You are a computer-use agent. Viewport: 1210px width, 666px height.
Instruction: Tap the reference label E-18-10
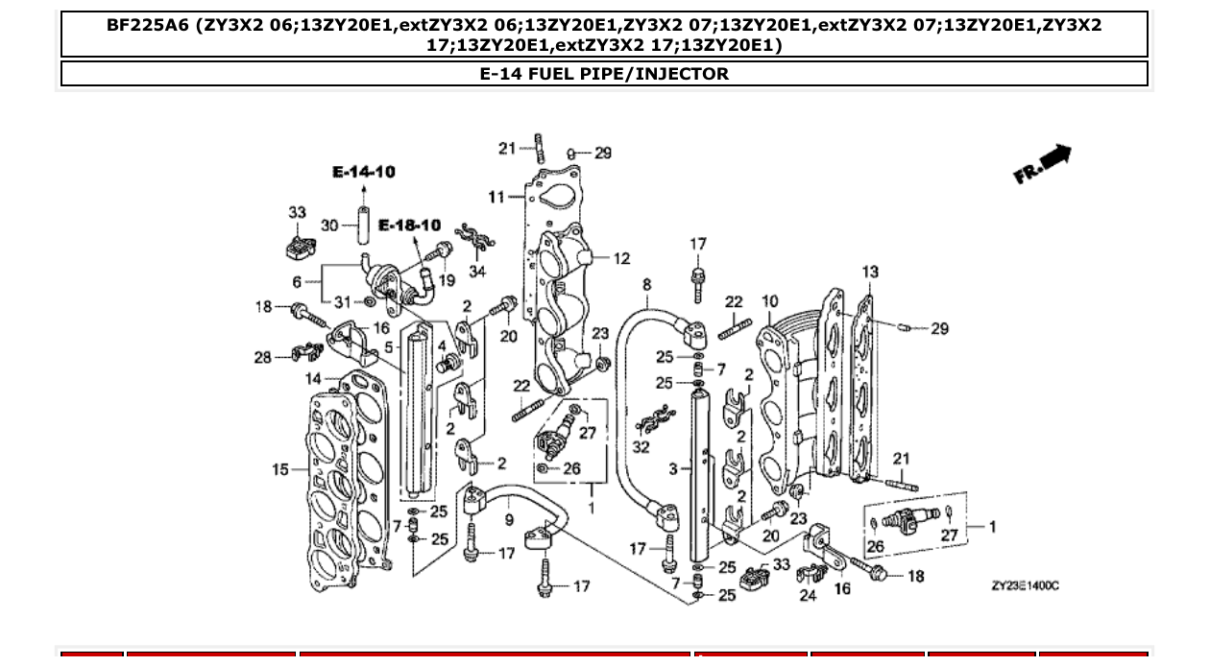click(409, 226)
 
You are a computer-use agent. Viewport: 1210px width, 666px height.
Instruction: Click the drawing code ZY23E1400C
click(1026, 585)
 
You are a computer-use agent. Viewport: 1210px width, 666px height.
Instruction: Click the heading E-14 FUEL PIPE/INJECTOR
click(604, 74)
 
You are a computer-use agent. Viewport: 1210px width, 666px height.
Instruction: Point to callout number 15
click(280, 469)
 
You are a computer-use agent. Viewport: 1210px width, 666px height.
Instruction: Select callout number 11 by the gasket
click(496, 198)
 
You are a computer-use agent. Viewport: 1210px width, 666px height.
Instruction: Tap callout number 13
click(869, 272)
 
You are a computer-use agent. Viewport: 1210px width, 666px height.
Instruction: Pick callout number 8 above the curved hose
click(647, 284)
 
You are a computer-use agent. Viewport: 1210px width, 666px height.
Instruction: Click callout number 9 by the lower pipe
click(509, 520)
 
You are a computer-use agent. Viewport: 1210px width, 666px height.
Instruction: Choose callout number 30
click(329, 225)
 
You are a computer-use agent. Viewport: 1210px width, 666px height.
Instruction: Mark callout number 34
click(477, 272)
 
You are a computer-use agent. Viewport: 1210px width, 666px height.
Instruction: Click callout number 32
click(641, 447)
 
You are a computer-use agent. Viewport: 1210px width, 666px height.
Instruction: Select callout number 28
click(262, 357)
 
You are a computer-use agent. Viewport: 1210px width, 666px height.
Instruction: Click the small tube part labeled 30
click(364, 225)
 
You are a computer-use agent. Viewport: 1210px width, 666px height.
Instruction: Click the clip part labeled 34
click(472, 238)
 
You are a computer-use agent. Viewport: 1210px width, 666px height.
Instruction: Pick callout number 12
click(621, 258)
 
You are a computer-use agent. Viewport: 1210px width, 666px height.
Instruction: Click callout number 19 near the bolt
click(447, 281)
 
